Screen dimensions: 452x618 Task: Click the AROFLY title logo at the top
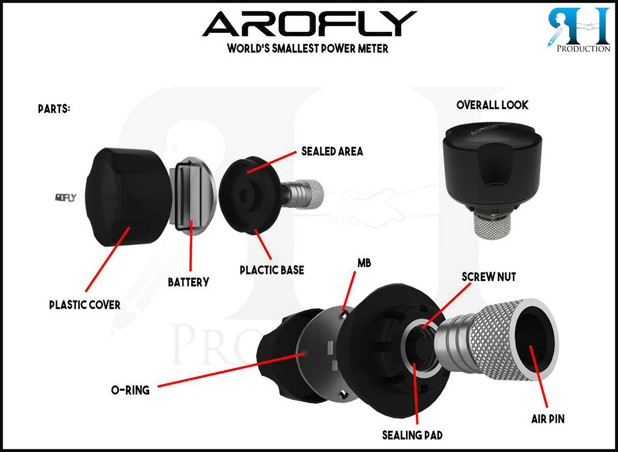[x=309, y=24]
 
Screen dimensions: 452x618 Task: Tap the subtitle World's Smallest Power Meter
[x=308, y=49]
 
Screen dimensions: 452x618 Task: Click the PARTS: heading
[x=54, y=110]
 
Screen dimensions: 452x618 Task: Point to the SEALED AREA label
[x=332, y=151]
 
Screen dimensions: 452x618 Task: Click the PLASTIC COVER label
[x=85, y=305]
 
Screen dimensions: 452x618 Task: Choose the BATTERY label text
[x=188, y=282]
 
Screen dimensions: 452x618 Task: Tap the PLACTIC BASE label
[x=272, y=269]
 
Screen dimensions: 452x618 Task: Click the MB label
[x=364, y=263]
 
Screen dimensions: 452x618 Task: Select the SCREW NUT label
[x=489, y=277]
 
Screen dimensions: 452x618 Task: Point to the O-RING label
[x=130, y=390]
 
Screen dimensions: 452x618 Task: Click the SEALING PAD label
[x=412, y=435]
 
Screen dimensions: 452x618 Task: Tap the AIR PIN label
[x=548, y=419]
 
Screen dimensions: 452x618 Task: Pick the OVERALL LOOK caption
[x=492, y=105]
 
